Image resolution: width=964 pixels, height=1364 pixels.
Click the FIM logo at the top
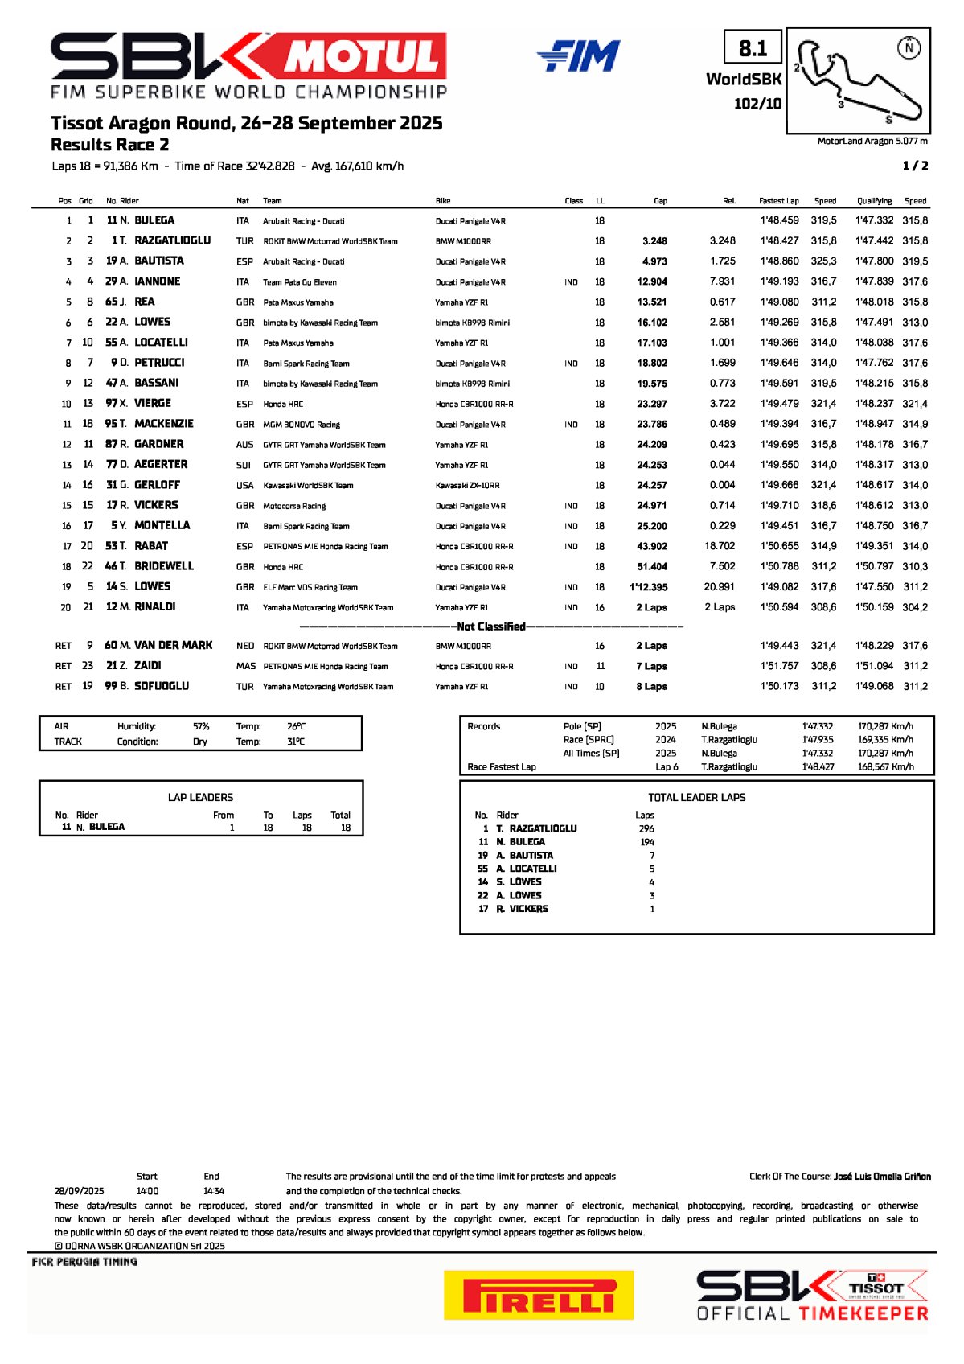click(x=579, y=56)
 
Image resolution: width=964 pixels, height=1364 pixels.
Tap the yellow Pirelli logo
click(x=538, y=1294)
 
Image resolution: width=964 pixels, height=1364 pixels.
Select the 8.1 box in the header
click(x=753, y=49)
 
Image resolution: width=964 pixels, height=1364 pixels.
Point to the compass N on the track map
click(x=909, y=48)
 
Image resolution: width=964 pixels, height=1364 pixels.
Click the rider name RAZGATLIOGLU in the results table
click(x=172, y=240)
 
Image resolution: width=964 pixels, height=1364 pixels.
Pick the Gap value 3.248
click(x=654, y=241)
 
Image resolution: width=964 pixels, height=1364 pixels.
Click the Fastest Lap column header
click(x=778, y=201)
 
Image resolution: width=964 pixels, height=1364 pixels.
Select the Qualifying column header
click(x=874, y=201)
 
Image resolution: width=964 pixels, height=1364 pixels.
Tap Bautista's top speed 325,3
click(x=824, y=261)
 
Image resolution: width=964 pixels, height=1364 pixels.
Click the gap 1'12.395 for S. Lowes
click(x=649, y=587)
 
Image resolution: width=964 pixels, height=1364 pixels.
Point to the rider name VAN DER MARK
click(x=174, y=645)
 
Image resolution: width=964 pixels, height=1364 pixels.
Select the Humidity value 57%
click(x=201, y=726)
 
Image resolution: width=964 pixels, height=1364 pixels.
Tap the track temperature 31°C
click(x=296, y=742)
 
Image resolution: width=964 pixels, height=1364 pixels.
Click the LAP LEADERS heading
click(x=200, y=797)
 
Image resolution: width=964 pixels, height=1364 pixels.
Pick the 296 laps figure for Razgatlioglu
click(x=646, y=828)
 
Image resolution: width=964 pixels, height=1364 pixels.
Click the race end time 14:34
click(x=214, y=1191)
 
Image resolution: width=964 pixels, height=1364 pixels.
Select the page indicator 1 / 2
click(x=915, y=166)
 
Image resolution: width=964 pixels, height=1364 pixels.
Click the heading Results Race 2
click(x=109, y=145)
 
